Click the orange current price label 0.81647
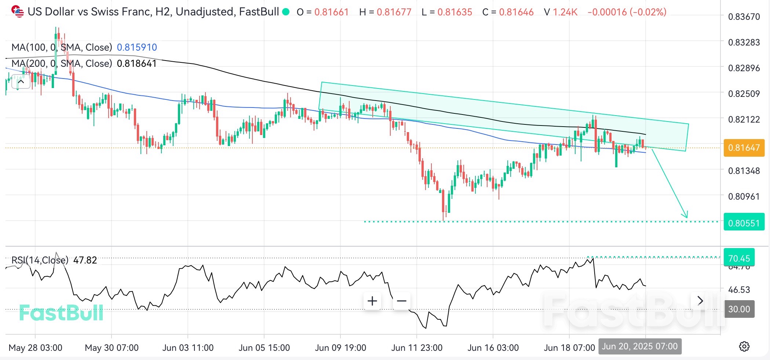(744, 148)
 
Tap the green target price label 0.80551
(744, 223)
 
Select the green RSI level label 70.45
(739, 258)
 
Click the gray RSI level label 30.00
(739, 309)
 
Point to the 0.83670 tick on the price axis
(744, 17)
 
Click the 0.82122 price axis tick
(744, 119)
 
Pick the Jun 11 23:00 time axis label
(417, 348)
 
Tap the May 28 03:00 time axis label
(35, 348)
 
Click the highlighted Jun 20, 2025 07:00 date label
(640, 346)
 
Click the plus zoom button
(372, 301)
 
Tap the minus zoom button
(402, 301)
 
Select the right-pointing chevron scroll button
(700, 301)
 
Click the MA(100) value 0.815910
(137, 47)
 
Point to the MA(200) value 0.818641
(137, 63)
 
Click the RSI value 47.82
(85, 260)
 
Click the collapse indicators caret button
(21, 82)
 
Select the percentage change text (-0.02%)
(648, 12)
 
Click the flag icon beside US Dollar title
(17, 11)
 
